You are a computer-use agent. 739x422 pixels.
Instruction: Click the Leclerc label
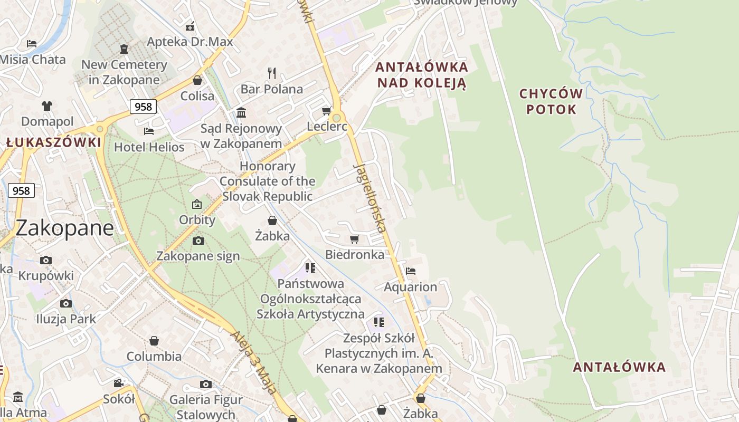(327, 127)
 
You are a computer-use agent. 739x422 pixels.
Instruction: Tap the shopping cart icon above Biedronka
(355, 239)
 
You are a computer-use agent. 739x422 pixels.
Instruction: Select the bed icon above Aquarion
(411, 271)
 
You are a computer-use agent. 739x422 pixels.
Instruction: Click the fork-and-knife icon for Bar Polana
(272, 73)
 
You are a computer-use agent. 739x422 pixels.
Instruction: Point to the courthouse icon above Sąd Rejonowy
(241, 112)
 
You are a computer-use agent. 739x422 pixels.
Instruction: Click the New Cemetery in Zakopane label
(124, 72)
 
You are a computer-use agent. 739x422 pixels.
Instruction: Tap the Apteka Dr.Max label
(190, 42)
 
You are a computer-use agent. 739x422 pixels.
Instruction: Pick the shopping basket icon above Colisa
(197, 80)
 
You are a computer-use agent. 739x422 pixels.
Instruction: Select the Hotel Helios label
(149, 147)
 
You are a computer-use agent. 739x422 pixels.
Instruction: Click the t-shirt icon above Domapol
(47, 105)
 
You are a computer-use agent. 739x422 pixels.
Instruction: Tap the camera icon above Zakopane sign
(198, 241)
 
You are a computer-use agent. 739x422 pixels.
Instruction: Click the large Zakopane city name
(64, 228)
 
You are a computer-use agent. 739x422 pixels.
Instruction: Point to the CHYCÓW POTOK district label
(551, 102)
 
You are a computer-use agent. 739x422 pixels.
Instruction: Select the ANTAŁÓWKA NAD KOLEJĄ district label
(422, 75)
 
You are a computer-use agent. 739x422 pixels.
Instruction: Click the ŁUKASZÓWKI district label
(54, 142)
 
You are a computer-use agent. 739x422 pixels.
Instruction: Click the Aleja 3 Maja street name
(254, 363)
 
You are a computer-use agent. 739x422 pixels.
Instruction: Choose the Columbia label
(154, 356)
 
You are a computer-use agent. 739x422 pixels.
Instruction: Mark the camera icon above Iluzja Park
(66, 303)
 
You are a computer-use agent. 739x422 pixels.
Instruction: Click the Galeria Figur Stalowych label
(206, 407)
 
